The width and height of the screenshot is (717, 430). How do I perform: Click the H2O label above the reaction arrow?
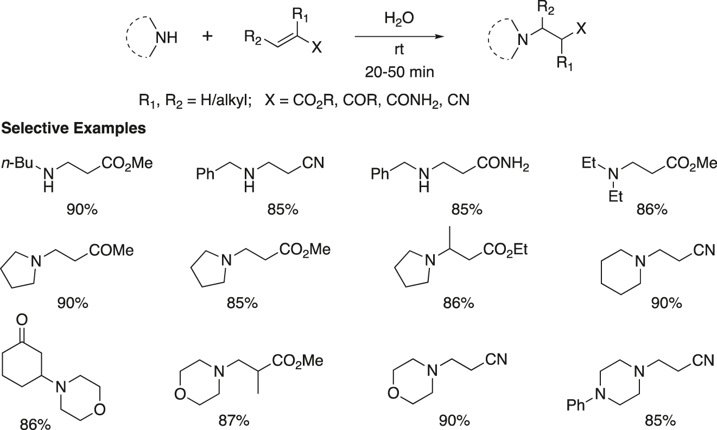[x=399, y=18]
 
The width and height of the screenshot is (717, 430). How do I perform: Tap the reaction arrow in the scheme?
[x=399, y=36]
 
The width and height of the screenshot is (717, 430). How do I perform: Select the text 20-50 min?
[x=399, y=72]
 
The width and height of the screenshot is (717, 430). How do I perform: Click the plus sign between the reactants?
[x=207, y=36]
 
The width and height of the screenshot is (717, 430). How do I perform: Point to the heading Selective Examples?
[x=74, y=128]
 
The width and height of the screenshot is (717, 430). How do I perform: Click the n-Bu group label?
[x=17, y=163]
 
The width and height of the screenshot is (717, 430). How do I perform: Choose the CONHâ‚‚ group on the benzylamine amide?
[x=503, y=164]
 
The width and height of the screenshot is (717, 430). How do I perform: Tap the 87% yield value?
[x=234, y=421]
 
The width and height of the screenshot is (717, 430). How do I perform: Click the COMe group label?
[x=111, y=251]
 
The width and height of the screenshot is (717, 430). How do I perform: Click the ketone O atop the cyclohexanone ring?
[x=22, y=319]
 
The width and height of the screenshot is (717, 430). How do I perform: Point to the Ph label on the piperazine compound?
[x=575, y=406]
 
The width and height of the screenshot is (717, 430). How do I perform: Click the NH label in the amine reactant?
[x=167, y=38]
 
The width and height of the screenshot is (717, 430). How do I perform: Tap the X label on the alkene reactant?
[x=316, y=48]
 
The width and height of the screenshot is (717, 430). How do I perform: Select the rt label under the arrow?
[x=399, y=49]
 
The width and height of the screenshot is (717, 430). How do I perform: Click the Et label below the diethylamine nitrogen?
[x=615, y=196]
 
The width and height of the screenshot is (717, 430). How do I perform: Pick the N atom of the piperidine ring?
[x=640, y=262]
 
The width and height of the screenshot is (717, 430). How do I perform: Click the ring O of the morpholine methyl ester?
[x=181, y=394]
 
